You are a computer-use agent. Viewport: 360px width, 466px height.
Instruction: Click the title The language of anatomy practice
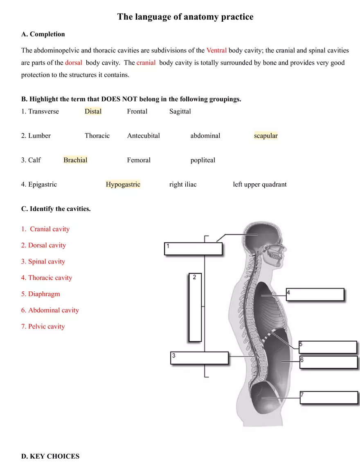(185, 17)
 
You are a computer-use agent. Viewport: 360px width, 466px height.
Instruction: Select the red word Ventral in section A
(216, 50)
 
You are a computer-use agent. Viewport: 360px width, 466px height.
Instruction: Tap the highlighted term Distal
(93, 111)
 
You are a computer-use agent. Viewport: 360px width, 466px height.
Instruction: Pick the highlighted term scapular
(265, 136)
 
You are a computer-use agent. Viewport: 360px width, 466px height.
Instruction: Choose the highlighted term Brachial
(75, 160)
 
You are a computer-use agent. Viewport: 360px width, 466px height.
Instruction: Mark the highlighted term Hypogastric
(123, 185)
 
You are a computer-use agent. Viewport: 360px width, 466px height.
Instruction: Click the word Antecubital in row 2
(143, 136)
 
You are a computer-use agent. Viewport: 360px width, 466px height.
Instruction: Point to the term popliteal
(202, 160)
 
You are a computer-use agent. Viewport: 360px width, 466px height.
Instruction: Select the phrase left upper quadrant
(259, 185)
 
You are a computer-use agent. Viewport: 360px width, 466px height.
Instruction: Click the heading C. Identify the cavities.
(56, 209)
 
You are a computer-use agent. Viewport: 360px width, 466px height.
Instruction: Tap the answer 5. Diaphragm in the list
(40, 294)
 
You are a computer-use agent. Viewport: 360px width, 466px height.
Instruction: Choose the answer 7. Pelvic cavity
(43, 326)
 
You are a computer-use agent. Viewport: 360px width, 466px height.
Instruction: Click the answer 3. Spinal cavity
(43, 261)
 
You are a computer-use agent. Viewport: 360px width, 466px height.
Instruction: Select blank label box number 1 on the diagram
(193, 249)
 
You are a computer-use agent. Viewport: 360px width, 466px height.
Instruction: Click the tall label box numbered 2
(195, 307)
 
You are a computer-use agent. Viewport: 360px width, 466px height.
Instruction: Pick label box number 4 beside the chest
(315, 295)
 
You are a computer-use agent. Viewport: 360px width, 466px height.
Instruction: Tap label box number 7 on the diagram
(328, 398)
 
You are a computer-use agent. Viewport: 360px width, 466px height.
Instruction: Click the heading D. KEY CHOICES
(50, 456)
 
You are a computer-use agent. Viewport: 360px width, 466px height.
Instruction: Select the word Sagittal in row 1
(180, 111)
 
